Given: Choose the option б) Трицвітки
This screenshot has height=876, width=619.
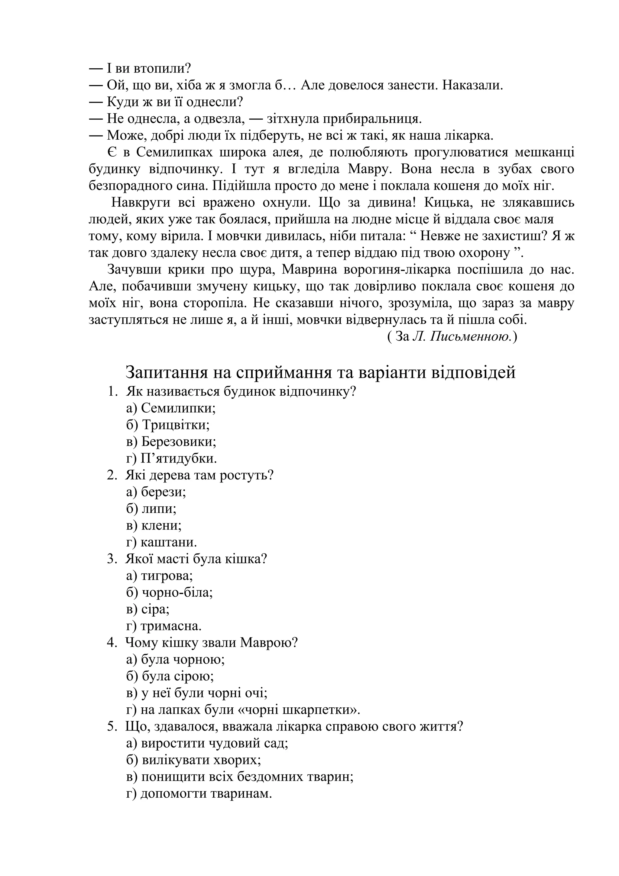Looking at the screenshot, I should (168, 425).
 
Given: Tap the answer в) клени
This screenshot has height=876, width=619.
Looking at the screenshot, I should (154, 526).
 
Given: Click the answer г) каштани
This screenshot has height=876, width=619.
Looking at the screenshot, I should (162, 543).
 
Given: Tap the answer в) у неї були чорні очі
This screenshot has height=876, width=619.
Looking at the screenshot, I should (197, 693).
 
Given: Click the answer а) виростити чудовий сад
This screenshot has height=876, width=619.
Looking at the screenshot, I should (207, 744).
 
